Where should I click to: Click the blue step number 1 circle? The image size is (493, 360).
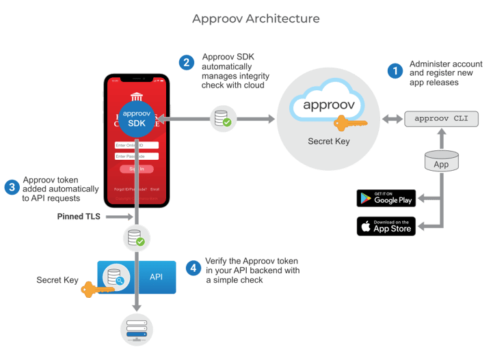(395, 70)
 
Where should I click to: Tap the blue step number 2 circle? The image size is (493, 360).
(187, 63)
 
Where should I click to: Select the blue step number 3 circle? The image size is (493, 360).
(11, 187)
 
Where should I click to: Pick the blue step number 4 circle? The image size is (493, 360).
(194, 268)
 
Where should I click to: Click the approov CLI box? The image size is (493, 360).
(441, 118)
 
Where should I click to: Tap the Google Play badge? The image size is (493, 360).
(386, 198)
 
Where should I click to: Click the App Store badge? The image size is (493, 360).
(386, 226)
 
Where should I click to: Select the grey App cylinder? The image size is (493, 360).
(441, 162)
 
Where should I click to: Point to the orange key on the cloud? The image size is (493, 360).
(351, 124)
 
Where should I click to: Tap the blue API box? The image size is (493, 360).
(137, 277)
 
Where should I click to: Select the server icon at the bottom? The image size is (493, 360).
(137, 329)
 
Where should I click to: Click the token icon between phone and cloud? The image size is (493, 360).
(222, 119)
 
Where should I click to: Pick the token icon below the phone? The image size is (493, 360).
(134, 238)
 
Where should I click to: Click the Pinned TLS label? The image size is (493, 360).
(79, 217)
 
